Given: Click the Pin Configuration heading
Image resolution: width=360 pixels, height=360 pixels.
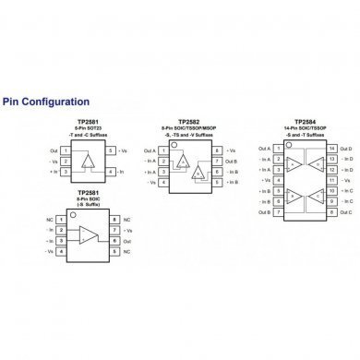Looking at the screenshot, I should tap(46, 102).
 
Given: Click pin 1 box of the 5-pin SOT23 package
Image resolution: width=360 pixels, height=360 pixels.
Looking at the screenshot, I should tap(65, 149).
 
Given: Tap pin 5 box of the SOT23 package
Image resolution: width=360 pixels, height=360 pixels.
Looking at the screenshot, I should tap(111, 149).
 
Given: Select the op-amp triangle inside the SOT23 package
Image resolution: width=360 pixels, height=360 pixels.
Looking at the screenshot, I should tap(88, 161).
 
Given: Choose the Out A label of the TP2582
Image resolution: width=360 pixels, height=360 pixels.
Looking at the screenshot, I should tap(150, 150).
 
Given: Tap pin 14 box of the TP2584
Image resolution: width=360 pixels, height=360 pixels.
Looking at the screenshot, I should tap(331, 148).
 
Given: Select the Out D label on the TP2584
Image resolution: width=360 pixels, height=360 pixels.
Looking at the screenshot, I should tap(347, 148).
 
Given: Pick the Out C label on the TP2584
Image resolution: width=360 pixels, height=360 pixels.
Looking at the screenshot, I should tap(347, 211).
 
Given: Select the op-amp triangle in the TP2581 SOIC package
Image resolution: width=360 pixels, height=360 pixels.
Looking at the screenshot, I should tap(88, 234).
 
